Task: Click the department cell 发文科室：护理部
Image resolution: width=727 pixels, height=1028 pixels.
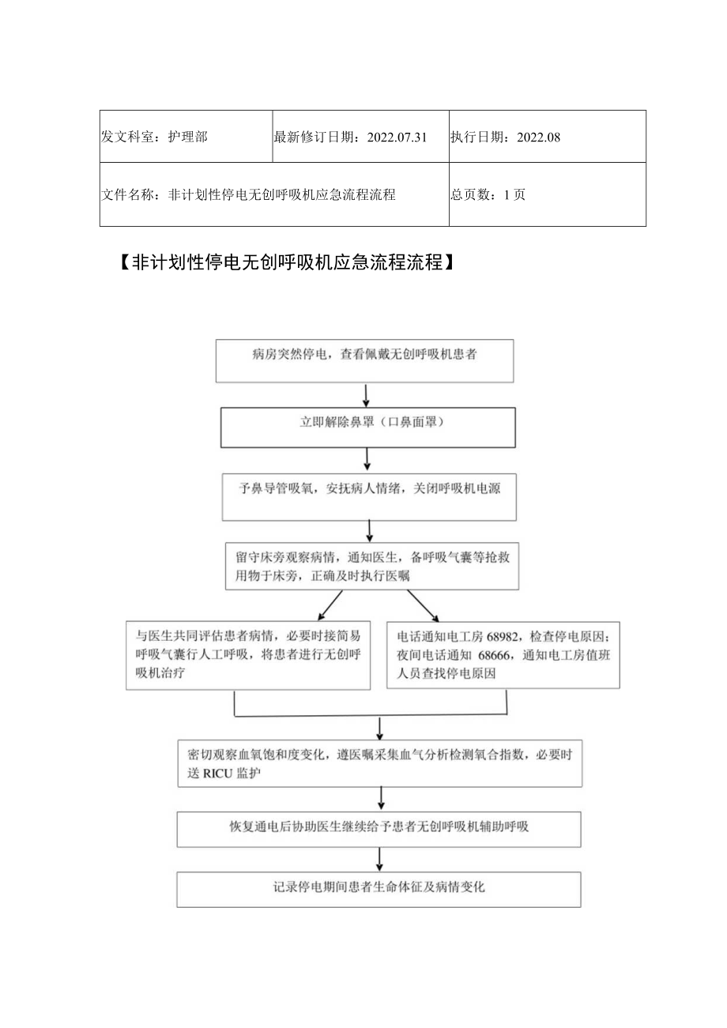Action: click(155, 137)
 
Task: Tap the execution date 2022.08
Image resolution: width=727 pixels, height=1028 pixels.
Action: click(538, 137)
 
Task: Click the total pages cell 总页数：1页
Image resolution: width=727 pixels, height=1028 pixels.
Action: click(488, 194)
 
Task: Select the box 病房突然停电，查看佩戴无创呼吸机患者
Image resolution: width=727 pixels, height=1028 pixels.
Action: click(365, 360)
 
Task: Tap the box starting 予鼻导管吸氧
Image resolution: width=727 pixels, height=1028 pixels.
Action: click(369, 495)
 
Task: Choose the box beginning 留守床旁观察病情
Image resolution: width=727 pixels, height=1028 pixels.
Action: click(371, 566)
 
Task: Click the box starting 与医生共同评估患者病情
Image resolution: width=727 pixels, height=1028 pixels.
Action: click(248, 654)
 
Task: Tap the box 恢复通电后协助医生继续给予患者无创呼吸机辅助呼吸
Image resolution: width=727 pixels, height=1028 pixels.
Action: click(379, 828)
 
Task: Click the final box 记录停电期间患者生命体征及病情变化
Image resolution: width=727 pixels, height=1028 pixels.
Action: click(379, 888)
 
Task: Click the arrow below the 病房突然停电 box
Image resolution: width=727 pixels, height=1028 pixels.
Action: click(365, 394)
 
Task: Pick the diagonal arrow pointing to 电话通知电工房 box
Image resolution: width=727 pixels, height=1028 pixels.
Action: click(423, 606)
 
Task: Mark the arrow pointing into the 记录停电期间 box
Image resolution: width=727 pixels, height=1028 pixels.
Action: click(379, 859)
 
